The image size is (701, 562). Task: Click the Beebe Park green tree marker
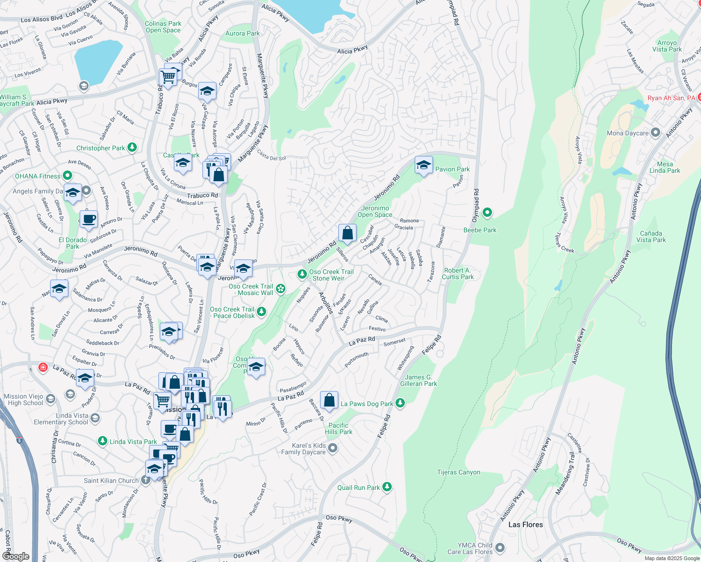[x=487, y=213]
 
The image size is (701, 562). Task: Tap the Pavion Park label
[x=452, y=169]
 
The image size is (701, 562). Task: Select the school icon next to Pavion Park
[x=424, y=165]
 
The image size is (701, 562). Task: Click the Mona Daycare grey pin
[x=656, y=133]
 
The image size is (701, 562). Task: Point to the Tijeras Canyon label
[x=458, y=472]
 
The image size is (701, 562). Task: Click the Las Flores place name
[x=525, y=525]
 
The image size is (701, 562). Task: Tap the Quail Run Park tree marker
[x=387, y=487]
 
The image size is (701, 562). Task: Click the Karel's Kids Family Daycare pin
[x=333, y=449]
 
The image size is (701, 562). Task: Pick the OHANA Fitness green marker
[x=67, y=176]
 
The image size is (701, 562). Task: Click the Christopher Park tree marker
[x=132, y=148]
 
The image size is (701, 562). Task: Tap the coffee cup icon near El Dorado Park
[x=89, y=219]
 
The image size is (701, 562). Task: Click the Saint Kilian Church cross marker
[x=146, y=480]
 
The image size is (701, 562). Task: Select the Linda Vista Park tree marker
[x=103, y=441]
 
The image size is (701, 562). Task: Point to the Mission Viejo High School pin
[x=50, y=399]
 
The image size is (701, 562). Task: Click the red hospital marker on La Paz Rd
[x=43, y=367]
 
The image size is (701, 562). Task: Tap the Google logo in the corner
[x=15, y=556]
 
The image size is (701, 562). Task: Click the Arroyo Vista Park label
[x=667, y=46]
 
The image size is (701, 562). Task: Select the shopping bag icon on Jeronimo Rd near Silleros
[x=347, y=233]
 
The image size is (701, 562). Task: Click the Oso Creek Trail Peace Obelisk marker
[x=261, y=312]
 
